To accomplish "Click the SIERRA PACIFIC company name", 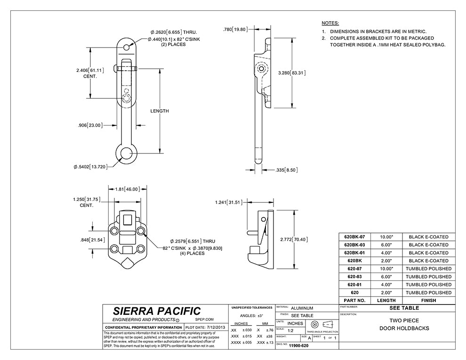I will point(157,311).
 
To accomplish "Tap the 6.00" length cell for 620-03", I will point(386,277).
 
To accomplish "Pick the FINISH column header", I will point(428,300).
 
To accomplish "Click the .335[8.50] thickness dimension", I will point(286,169).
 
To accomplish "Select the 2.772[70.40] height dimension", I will point(293,239).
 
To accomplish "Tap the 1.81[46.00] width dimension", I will point(128,189).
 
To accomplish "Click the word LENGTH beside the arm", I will point(160,111).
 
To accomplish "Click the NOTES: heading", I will point(330,23).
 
